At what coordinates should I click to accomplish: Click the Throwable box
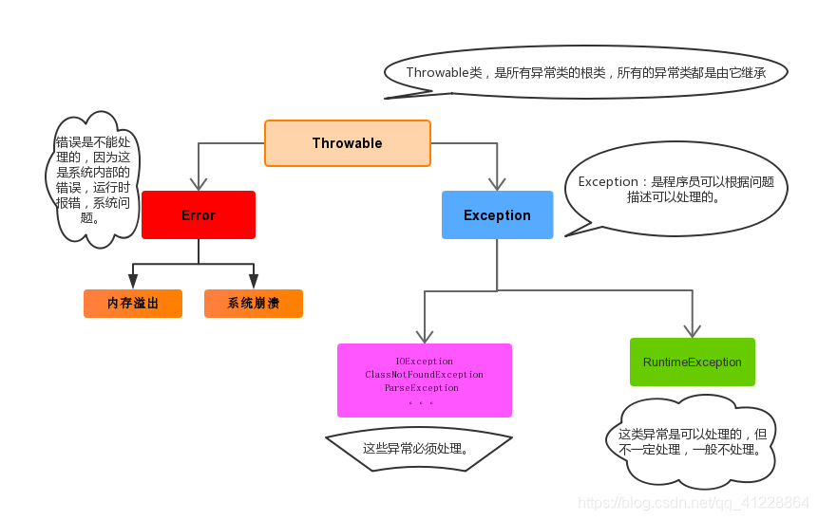click(x=347, y=143)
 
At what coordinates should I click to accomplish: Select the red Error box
click(x=199, y=215)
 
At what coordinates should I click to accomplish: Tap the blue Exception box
click(x=497, y=215)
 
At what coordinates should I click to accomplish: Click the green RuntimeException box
click(x=692, y=362)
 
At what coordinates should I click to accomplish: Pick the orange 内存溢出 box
click(x=133, y=304)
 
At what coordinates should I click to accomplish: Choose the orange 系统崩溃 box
click(x=253, y=304)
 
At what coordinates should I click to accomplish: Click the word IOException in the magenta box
click(x=424, y=362)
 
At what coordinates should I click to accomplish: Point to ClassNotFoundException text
click(x=424, y=375)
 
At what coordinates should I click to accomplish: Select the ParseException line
click(x=422, y=388)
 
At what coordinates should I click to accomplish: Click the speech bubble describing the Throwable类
click(x=586, y=73)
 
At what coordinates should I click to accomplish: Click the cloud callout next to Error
click(x=92, y=179)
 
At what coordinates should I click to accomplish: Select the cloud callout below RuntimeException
click(x=691, y=442)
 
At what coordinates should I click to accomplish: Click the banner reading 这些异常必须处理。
click(x=418, y=448)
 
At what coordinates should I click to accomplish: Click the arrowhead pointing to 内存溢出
click(x=133, y=282)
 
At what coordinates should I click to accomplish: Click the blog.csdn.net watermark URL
click(x=694, y=502)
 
